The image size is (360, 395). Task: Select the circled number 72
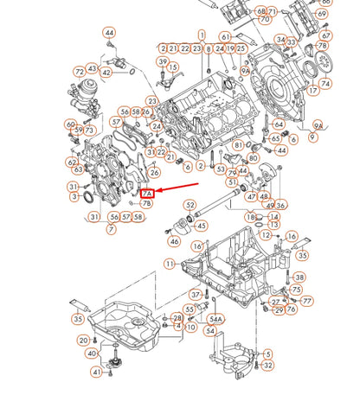click(x=79, y=71)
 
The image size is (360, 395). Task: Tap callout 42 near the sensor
click(x=106, y=73)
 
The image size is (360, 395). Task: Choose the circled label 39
click(x=163, y=61)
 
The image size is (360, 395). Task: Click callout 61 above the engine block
click(x=225, y=37)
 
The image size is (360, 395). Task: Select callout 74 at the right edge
click(x=325, y=85)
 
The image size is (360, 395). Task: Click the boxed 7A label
click(x=147, y=194)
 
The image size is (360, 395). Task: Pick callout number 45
click(x=201, y=226)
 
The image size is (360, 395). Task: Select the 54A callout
click(x=214, y=319)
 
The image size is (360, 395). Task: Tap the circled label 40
click(x=92, y=353)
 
